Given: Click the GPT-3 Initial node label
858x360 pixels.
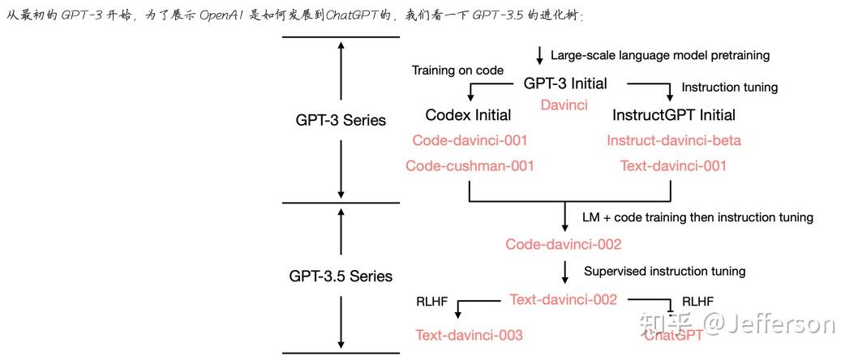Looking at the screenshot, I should pyautogui.click(x=564, y=84).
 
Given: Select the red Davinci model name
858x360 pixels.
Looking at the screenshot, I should pyautogui.click(x=564, y=105).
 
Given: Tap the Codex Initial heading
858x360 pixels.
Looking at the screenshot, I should pyautogui.click(x=468, y=114).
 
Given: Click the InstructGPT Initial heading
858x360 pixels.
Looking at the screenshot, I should pyautogui.click(x=674, y=114).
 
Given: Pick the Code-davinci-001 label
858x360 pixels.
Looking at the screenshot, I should pyautogui.click(x=470, y=140).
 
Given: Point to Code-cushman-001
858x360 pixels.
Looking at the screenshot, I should pyautogui.click(x=470, y=166).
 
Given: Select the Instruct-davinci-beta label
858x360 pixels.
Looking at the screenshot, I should pyautogui.click(x=674, y=140).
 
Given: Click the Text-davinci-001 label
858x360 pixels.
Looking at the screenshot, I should pyautogui.click(x=673, y=166).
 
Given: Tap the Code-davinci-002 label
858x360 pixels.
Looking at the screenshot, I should pyautogui.click(x=564, y=244).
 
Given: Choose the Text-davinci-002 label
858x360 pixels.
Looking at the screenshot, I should pyautogui.click(x=564, y=299).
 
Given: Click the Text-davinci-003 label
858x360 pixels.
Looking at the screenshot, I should pyautogui.click(x=470, y=335).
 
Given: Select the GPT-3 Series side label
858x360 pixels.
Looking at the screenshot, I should pyautogui.click(x=341, y=120).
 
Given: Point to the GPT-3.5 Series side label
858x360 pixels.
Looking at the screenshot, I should pyautogui.click(x=341, y=276).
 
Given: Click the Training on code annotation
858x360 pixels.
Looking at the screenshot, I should pyautogui.click(x=457, y=71).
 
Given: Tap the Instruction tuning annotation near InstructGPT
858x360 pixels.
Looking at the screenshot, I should pyautogui.click(x=729, y=87).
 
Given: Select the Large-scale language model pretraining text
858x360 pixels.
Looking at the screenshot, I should pyautogui.click(x=660, y=55).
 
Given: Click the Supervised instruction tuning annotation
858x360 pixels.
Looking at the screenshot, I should pyautogui.click(x=664, y=271).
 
